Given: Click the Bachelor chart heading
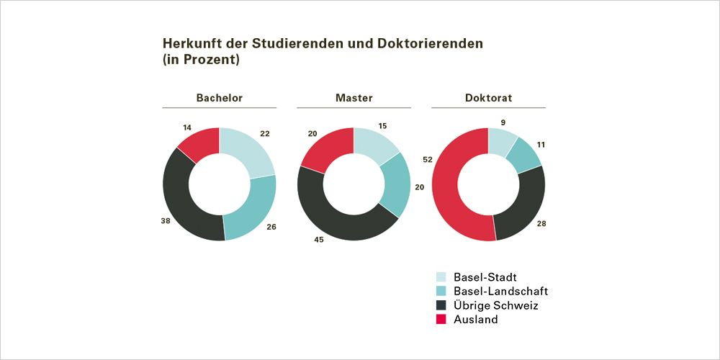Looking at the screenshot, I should (220, 98).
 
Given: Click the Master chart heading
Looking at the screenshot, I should (354, 98).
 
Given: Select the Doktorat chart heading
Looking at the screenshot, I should (488, 98).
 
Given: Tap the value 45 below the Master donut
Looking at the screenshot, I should (318, 240).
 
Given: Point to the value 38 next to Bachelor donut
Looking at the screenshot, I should (166, 221).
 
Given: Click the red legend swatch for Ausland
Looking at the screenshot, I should (442, 320).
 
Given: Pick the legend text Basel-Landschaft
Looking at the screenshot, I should (500, 291).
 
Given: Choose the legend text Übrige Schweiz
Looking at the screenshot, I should (495, 305).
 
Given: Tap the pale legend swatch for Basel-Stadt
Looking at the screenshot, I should (442, 277).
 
